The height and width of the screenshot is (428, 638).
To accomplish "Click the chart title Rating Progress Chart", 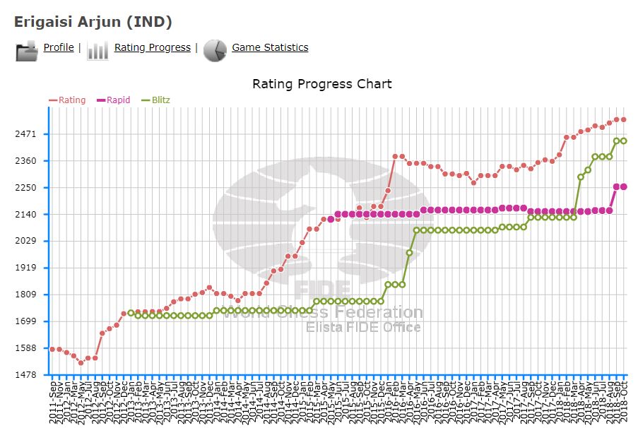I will (321, 84).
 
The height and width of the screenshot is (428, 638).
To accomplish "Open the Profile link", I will (59, 47).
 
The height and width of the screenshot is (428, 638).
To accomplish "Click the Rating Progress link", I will (152, 47).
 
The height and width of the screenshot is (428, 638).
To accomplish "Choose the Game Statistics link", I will (270, 47).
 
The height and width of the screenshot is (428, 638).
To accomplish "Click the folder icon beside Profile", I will (27, 50).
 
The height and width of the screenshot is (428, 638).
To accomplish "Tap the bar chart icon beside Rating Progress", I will (98, 50).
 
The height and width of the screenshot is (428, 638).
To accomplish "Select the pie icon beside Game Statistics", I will (215, 50).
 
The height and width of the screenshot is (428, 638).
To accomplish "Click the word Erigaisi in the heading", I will (42, 22).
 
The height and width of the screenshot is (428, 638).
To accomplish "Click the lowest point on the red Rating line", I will (81, 363).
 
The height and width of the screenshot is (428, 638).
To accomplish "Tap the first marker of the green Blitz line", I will (131, 313).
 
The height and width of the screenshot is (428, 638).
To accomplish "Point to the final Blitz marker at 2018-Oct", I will (624, 141).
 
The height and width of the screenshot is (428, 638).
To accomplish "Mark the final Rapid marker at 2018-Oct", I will (624, 186).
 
